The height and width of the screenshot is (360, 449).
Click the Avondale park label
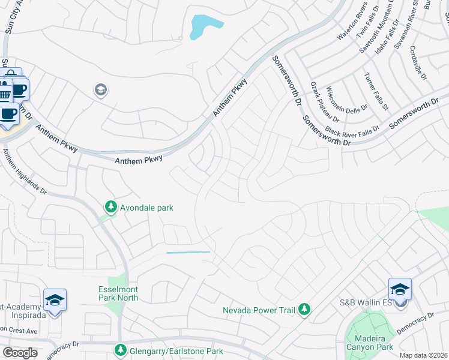(146, 208)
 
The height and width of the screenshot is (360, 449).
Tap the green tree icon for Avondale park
(110, 207)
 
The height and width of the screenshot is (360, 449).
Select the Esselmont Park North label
(118, 293)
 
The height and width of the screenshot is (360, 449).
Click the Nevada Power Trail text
(259, 310)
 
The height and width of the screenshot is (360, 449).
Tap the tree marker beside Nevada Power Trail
(305, 309)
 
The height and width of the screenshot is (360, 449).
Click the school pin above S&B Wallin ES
(400, 289)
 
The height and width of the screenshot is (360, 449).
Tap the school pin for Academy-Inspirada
(55, 299)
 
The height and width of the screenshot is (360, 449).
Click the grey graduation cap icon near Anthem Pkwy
(100, 91)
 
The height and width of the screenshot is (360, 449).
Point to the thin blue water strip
(188, 253)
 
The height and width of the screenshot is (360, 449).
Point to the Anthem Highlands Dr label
(24, 172)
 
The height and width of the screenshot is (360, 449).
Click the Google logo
(20, 353)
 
